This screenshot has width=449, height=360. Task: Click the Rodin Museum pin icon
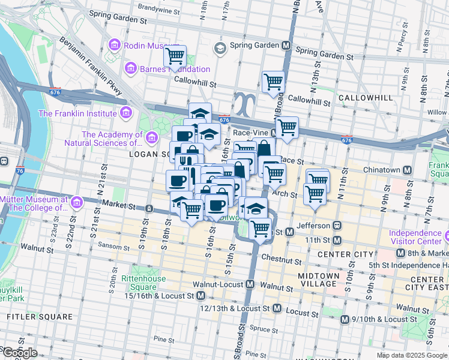coord(114,45)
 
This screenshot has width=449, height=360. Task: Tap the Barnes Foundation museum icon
coord(130,70)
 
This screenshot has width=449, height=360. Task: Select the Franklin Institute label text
coord(77,113)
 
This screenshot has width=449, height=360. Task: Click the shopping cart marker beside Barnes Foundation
coord(175,57)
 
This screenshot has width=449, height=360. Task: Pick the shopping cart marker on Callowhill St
coord(273,81)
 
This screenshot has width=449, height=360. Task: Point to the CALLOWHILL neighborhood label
coord(360,97)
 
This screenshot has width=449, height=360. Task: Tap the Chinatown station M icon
coord(408,170)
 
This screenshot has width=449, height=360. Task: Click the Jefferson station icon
coord(337,225)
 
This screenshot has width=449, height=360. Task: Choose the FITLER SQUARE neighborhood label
coord(40,316)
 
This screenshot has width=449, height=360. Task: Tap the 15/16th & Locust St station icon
coord(200,296)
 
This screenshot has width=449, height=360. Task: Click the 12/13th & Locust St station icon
coord(277,308)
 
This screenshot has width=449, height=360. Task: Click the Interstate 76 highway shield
coord(20,170)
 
